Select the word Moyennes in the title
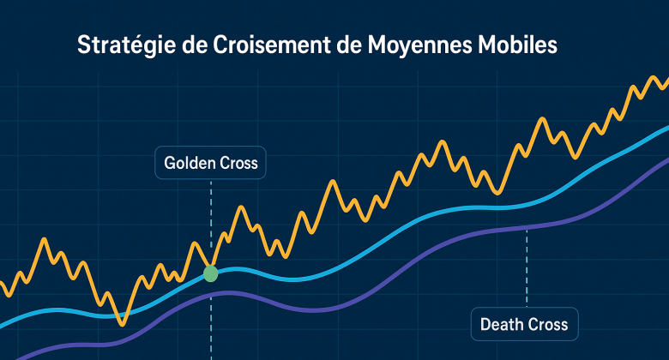point(413,45)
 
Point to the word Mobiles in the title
point(515,45)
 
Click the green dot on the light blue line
point(210,274)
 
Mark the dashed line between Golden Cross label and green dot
point(210,214)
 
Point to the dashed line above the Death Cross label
point(527,270)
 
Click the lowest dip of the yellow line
point(122,324)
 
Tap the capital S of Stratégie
point(83,45)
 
